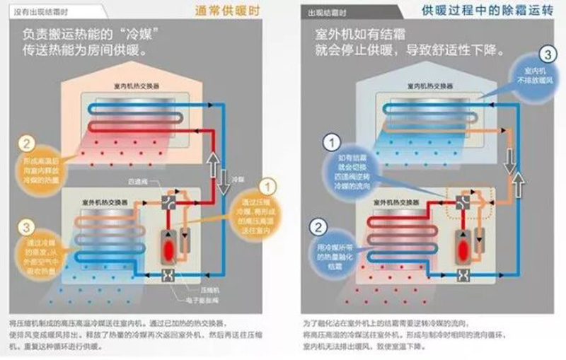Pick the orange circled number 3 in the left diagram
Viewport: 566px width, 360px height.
pyautogui.click(x=26, y=228)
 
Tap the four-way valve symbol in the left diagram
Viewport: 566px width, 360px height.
pyautogui.click(x=170, y=202)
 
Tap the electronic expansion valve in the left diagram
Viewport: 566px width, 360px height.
pyautogui.click(x=170, y=274)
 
